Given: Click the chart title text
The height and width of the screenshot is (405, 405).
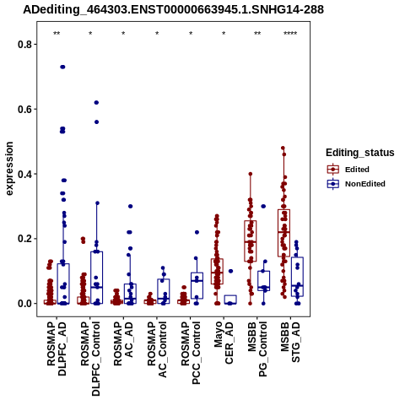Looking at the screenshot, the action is coord(173,10).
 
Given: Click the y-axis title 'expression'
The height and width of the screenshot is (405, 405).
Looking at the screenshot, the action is coord(9,169).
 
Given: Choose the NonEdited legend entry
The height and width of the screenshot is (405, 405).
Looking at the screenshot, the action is coord(356,184).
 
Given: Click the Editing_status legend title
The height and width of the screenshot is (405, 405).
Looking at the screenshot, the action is coord(360,153).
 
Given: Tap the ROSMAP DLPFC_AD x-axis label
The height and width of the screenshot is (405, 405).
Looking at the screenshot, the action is coord(57,348).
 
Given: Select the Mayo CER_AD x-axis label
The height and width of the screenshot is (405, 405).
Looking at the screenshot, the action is coord(224,343).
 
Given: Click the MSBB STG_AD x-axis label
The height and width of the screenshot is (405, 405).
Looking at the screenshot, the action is coord(290,342).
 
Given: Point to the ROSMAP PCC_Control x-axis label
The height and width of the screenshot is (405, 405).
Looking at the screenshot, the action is coord(191,353).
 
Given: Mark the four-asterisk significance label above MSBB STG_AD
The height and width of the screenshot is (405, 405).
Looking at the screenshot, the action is coord(290,34).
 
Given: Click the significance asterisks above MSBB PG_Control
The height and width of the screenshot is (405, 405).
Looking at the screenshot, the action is coord(257,34).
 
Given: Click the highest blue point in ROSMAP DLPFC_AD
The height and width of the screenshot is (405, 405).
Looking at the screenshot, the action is coord(62,67).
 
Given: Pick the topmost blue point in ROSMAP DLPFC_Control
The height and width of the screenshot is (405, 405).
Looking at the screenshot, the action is coord(96,103).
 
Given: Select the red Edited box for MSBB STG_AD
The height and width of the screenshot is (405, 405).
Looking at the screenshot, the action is coord(283,233).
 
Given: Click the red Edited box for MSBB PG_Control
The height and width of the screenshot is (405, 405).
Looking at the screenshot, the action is coord(251,241).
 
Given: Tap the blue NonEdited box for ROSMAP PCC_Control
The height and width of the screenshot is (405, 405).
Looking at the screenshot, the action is coord(197,285).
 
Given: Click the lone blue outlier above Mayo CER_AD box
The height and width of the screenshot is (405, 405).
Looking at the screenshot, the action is coord(230,271).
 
